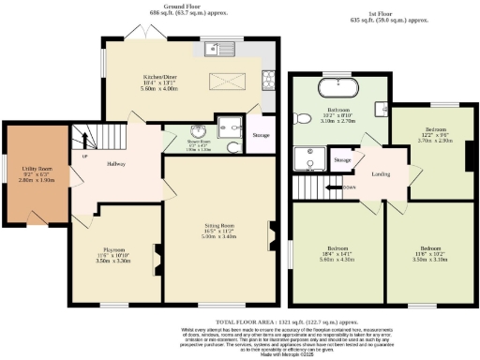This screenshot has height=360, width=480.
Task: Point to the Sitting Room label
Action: click(218, 226)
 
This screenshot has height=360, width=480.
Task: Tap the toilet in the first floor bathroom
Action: click(301, 119)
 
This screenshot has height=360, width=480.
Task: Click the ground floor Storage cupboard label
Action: click(260, 134)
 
